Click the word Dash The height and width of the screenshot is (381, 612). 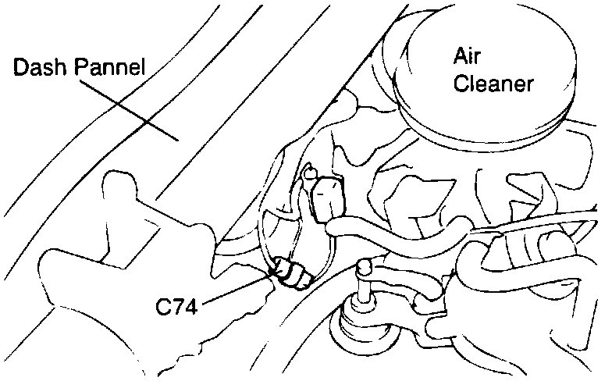[x=41, y=69]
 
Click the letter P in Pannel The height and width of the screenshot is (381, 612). [x=80, y=69]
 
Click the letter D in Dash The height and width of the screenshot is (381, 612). [x=21, y=69]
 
